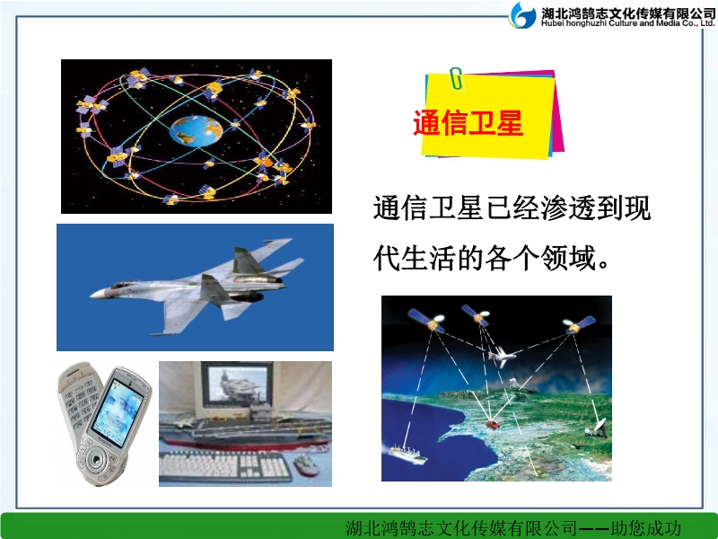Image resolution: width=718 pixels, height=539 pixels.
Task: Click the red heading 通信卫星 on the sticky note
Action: pos(468,123)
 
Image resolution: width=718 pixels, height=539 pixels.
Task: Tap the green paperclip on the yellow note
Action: pos(456,78)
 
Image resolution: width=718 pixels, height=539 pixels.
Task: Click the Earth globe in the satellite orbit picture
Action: pos(196,130)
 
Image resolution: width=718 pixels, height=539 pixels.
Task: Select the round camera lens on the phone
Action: pos(96,460)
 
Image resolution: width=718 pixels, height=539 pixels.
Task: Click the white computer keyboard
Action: pos(225,465)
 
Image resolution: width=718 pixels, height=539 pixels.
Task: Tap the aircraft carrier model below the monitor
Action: pos(245,431)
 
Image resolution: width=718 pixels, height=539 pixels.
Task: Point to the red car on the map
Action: pos(493,424)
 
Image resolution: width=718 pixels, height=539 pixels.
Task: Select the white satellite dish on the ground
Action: pos(597,429)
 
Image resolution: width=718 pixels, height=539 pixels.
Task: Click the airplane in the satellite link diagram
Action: pos(502,355)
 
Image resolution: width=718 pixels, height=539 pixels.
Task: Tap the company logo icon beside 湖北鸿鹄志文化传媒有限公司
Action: pos(522,15)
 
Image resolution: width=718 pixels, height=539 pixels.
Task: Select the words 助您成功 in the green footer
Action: pos(646,528)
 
